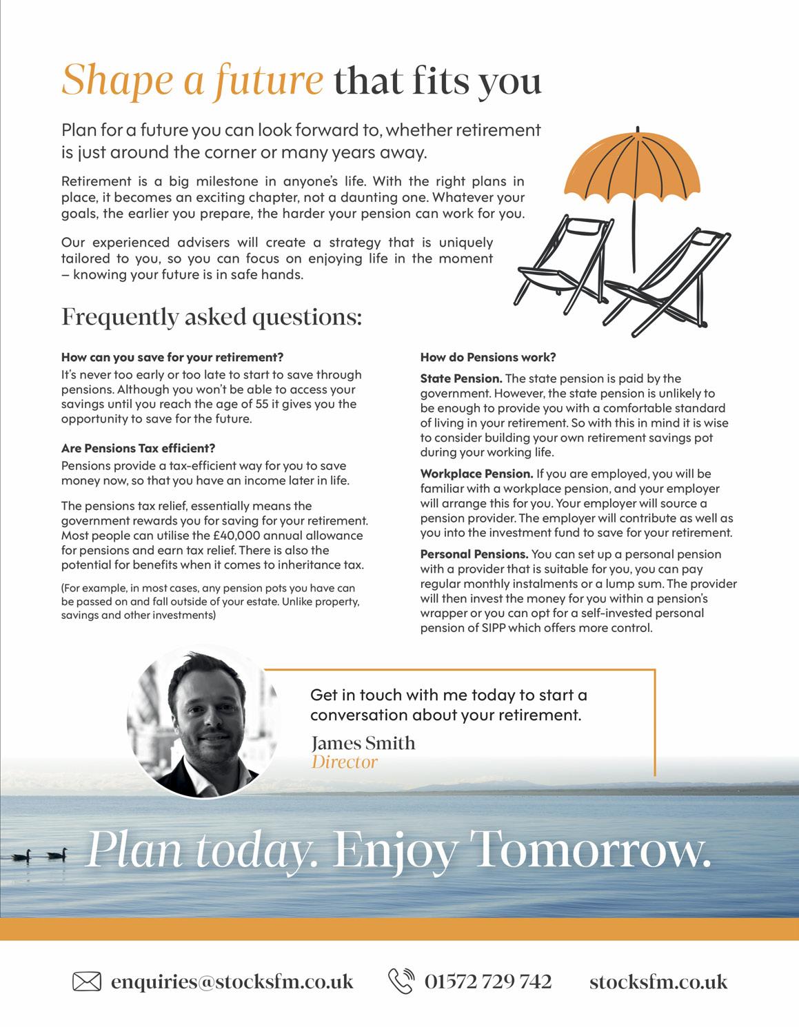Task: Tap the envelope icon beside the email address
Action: pos(87,981)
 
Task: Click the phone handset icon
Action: pos(401,981)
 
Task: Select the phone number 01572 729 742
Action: pos(488,981)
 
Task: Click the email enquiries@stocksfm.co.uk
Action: pos(232,981)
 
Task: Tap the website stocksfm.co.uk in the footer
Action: pos(658,981)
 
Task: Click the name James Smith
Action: pos(363,743)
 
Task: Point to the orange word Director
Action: pos(344,762)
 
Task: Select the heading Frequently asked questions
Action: pos(211,317)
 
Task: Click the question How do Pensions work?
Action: pos(487,358)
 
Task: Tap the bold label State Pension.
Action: pos(461,378)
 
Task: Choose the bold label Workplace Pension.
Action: pos(476,474)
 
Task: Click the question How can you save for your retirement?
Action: pos(172,358)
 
